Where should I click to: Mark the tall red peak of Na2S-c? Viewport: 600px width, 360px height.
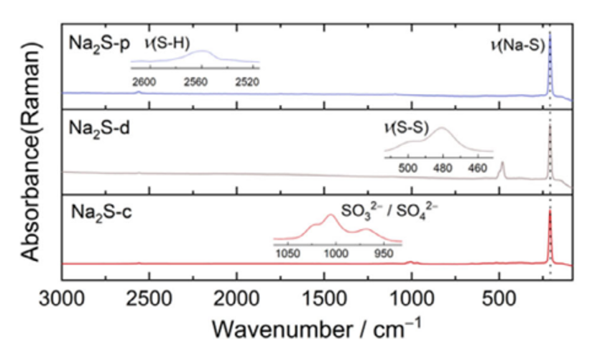(550, 213)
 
